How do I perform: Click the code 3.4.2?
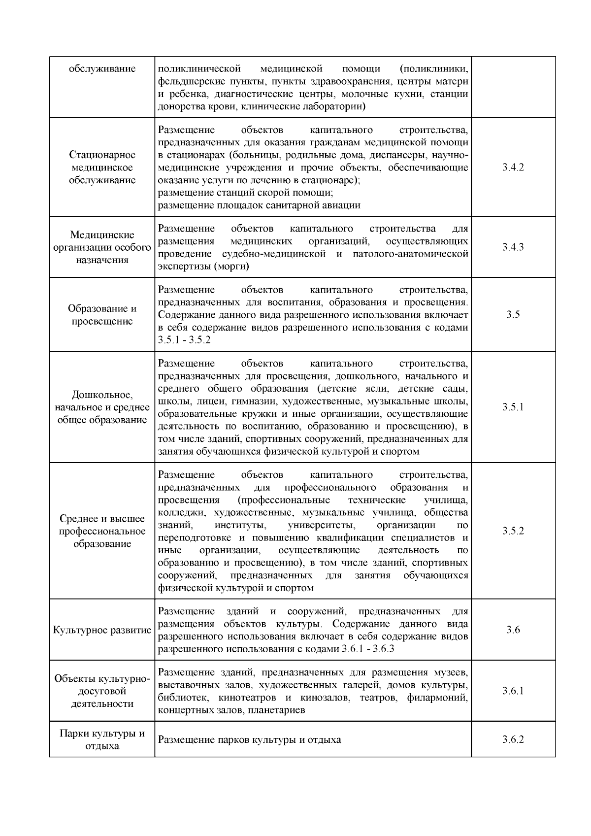click(x=513, y=167)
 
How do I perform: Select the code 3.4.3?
click(x=513, y=247)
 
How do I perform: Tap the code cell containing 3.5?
click(x=513, y=315)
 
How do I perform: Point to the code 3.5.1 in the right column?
click(x=513, y=407)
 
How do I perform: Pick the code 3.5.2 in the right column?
click(x=513, y=531)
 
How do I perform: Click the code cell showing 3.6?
click(x=513, y=630)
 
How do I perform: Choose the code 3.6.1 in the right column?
click(x=513, y=691)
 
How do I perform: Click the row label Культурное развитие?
click(x=102, y=631)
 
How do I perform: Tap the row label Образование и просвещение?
click(x=102, y=315)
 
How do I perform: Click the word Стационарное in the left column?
click(x=102, y=155)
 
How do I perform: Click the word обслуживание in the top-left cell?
click(x=102, y=68)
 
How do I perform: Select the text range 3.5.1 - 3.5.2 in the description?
click(x=184, y=340)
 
